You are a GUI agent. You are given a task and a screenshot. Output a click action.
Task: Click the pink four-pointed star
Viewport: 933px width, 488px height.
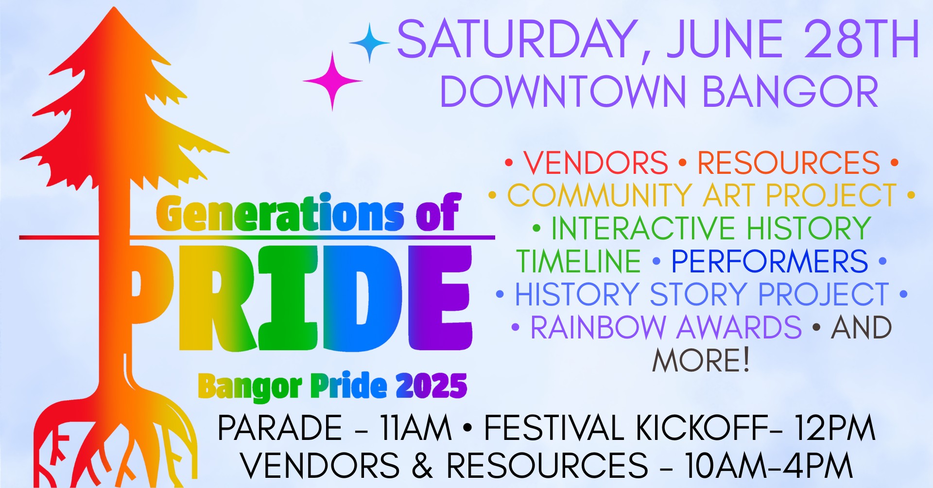[x=333, y=81]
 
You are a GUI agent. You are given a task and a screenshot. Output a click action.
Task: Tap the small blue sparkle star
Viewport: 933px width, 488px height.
[x=369, y=43]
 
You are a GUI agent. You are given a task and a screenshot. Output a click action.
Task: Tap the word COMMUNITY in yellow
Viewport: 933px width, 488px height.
[x=600, y=195]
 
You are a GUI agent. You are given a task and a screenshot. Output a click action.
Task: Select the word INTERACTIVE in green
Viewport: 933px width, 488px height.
[x=643, y=228]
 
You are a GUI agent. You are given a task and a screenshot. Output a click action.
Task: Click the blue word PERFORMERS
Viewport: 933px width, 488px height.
[x=770, y=261]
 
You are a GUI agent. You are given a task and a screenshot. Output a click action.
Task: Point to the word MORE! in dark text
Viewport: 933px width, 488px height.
[x=701, y=360]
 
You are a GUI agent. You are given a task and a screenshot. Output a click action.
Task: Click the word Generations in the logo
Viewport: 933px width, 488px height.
[x=280, y=214]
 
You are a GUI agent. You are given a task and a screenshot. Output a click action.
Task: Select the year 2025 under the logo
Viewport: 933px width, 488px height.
[x=431, y=386]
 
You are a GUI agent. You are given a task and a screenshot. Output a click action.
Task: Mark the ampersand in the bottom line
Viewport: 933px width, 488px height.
[x=422, y=465]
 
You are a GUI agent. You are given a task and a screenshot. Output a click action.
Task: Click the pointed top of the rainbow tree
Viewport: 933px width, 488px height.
[x=115, y=8]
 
